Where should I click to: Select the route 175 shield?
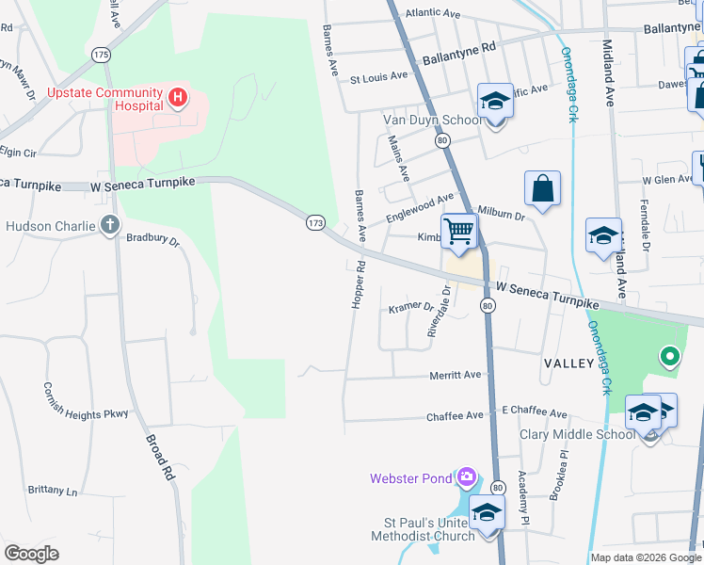pos(101,55)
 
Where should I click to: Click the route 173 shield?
pos(315,223)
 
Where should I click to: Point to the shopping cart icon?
pos(458,230)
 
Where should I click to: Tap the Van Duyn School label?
pos(432,120)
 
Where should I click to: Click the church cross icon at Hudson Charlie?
pos(110,225)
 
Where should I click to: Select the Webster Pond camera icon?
pos(467,478)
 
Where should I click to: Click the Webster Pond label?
pos(410,478)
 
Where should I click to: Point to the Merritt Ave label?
pos(455,374)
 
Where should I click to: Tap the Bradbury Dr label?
pos(152,241)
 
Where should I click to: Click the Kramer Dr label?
pos(411,308)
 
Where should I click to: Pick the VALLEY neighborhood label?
pos(568,363)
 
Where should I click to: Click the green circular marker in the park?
pos(669,356)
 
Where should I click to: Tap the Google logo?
pos(32,554)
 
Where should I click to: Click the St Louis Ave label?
pos(378,76)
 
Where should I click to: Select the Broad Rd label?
pos(161,458)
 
